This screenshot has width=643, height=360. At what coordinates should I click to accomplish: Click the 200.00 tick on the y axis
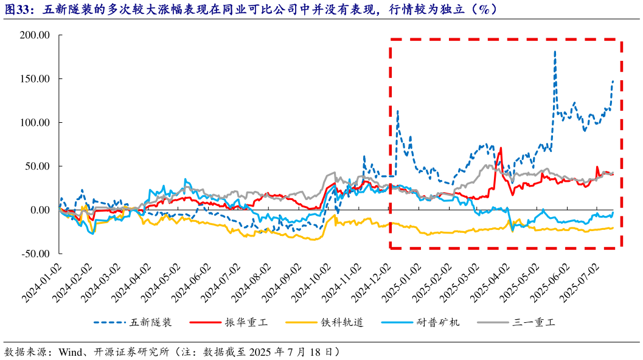36,35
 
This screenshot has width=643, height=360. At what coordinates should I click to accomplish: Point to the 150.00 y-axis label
36,79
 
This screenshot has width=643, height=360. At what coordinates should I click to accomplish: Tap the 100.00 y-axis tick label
36,123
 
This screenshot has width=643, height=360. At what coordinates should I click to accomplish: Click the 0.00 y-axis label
40,210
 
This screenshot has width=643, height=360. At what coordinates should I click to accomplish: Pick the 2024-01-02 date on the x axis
42,282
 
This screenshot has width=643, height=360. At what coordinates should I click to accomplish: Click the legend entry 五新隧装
151,322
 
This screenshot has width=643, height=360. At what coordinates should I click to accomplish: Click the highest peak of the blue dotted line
555,52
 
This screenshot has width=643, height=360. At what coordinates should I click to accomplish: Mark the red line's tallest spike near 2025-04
501,148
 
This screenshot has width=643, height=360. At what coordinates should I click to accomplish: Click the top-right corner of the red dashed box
621,40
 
